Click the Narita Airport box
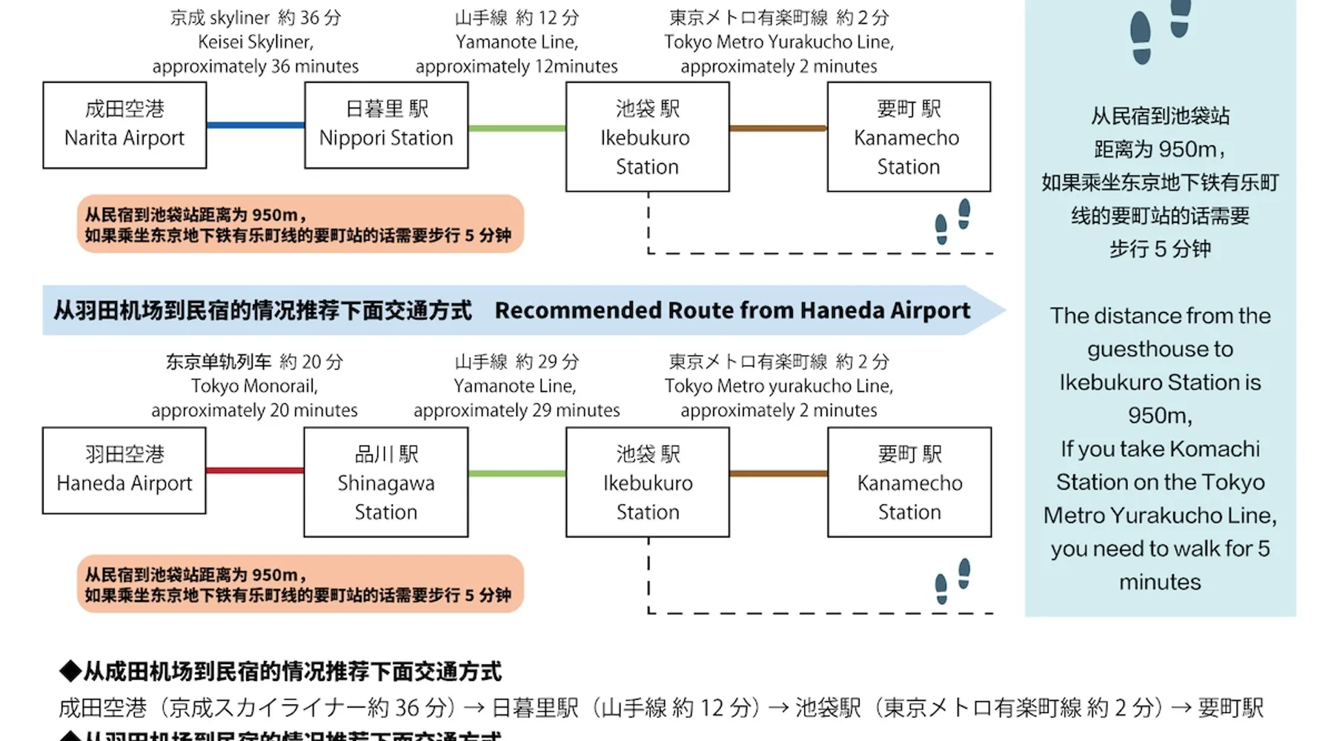(125, 124)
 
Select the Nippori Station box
(386, 124)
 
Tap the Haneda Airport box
(125, 470)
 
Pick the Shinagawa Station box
(386, 482)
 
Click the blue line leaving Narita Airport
(255, 125)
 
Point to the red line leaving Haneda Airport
(255, 471)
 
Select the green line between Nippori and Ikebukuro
(517, 128)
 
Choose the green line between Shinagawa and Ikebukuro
(517, 473)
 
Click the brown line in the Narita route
(778, 128)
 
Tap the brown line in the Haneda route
(778, 473)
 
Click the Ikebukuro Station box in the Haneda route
(648, 482)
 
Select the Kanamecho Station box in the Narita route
(909, 137)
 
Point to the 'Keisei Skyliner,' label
(256, 42)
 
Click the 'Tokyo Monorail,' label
(254, 386)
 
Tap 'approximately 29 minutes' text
(517, 411)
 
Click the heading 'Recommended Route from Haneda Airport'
(732, 310)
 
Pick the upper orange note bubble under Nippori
(300, 224)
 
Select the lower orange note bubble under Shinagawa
(300, 584)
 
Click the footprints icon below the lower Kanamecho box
(952, 582)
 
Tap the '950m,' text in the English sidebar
(1160, 416)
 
